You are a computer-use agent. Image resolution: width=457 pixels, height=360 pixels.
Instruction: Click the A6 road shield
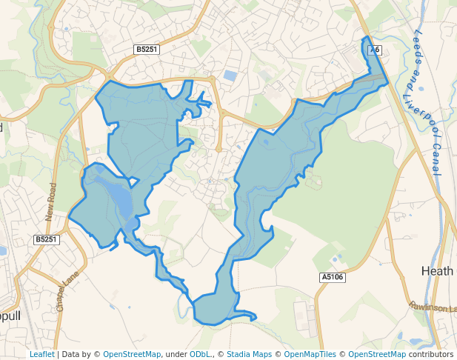click(375, 50)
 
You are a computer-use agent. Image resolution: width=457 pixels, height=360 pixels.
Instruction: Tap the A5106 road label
click(333, 277)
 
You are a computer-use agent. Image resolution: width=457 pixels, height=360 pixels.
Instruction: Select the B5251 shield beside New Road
click(46, 239)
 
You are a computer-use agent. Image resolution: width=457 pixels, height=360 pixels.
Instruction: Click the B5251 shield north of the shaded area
click(146, 49)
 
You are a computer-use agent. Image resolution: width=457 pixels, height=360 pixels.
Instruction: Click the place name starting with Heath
click(437, 271)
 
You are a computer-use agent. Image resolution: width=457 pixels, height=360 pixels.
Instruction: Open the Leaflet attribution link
click(41, 354)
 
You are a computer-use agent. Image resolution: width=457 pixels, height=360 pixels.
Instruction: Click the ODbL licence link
click(200, 354)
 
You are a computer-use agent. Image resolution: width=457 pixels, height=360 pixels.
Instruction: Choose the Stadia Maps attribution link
click(249, 354)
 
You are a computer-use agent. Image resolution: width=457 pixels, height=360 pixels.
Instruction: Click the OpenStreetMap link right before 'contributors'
click(377, 354)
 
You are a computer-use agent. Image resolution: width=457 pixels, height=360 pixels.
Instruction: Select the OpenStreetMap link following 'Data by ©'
click(132, 354)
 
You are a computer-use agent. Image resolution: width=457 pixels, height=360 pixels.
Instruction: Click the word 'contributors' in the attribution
click(431, 354)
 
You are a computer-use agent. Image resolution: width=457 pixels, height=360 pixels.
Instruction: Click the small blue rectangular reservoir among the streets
click(230, 76)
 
